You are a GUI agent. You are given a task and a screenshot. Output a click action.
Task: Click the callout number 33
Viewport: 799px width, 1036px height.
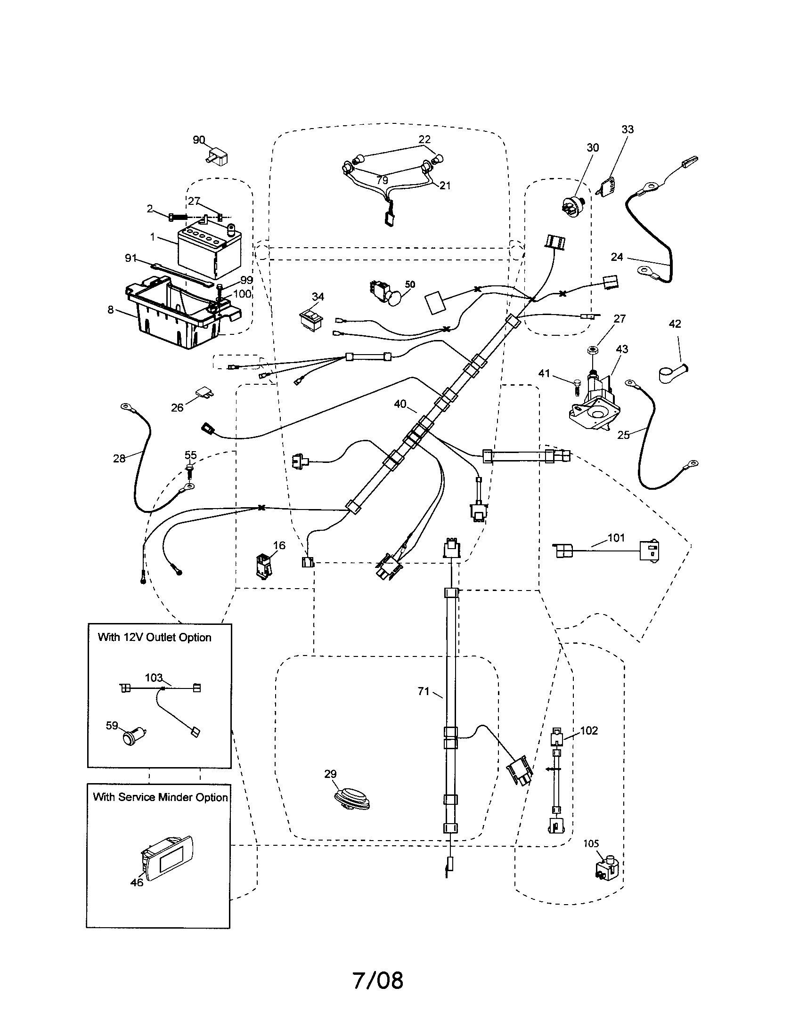coord(627,129)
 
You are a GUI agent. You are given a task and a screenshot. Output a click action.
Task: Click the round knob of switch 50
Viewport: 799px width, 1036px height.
coord(394,298)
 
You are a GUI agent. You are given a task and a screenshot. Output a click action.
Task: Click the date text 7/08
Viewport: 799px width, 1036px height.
coord(378,980)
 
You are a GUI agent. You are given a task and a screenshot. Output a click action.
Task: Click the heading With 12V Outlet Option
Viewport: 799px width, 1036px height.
coord(154,637)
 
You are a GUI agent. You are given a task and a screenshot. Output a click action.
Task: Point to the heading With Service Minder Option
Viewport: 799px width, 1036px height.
coord(160,797)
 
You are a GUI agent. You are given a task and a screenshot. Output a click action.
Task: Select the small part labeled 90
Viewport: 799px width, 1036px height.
coord(218,155)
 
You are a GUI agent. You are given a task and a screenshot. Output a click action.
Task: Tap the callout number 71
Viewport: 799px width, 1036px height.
coord(423,692)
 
